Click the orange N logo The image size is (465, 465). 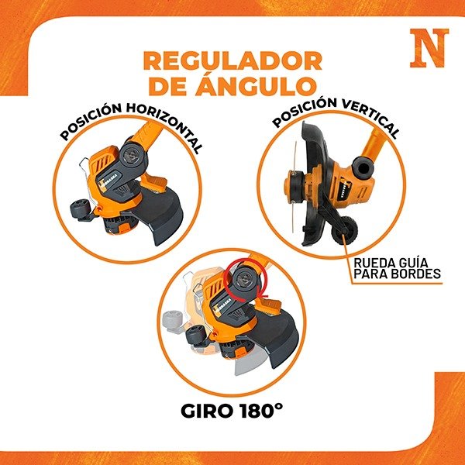[429, 48]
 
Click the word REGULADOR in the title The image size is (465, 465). [232, 60]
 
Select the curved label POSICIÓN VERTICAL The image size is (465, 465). [336, 118]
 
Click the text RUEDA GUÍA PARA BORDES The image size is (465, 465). [397, 268]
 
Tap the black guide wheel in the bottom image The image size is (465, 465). [195, 335]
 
